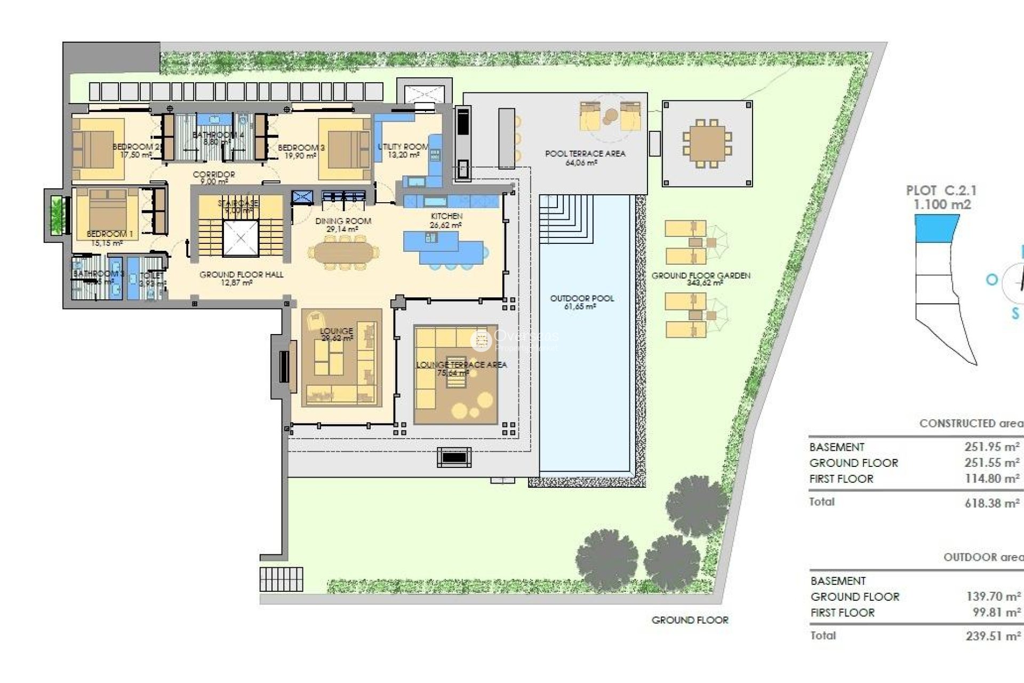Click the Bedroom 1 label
[110, 234]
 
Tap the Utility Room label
[403, 147]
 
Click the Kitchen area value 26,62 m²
[446, 225]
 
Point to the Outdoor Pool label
[582, 298]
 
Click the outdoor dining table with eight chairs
[707, 143]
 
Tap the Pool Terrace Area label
[585, 154]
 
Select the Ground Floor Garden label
[701, 276]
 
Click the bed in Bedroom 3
[344, 150]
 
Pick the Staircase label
[238, 203]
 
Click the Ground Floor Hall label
[241, 275]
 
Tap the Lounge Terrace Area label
[461, 365]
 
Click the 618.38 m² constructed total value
[992, 503]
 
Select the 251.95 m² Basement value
[992, 447]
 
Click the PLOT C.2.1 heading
[941, 190]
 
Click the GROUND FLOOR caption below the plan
[690, 620]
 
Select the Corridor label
[214, 174]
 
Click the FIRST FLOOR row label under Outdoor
[842, 613]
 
